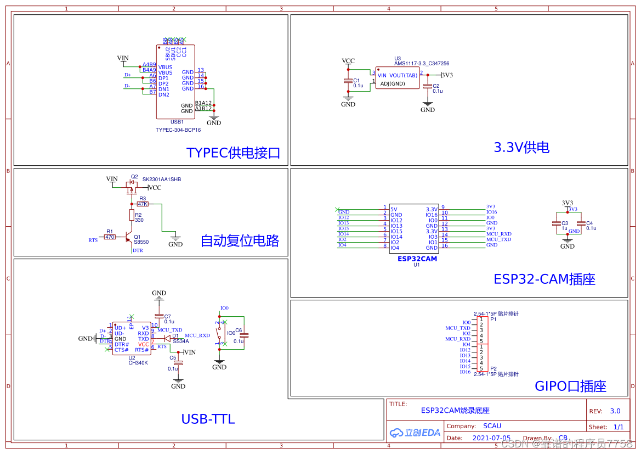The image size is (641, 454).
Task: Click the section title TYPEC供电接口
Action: tap(233, 153)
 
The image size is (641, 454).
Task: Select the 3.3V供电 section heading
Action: tap(521, 147)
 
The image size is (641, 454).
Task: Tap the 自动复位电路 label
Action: tap(240, 240)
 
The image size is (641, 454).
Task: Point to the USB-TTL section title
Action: tap(208, 419)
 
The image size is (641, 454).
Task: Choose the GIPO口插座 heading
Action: tap(570, 386)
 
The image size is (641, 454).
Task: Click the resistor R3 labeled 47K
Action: tap(143, 204)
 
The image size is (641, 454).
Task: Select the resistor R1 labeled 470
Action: tap(110, 237)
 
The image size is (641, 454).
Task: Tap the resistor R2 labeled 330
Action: tap(132, 214)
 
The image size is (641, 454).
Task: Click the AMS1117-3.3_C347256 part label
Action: tap(421, 64)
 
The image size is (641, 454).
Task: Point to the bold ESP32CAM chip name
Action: tap(417, 259)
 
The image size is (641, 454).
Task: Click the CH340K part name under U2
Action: tap(138, 363)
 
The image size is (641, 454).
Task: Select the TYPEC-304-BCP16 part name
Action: tap(178, 130)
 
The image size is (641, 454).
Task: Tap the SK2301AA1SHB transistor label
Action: tap(161, 180)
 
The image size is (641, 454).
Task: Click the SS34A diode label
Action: tap(180, 341)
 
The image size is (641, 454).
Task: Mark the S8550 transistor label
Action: tap(141, 242)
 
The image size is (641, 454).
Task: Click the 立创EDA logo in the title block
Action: tap(415, 433)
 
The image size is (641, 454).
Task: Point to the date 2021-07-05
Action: tap(491, 438)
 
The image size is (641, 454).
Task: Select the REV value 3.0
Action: tap(615, 411)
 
